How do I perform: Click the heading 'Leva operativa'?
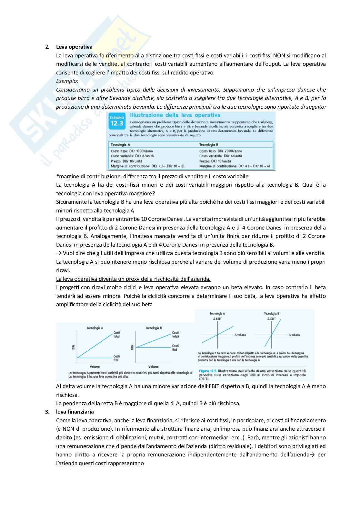click(74, 47)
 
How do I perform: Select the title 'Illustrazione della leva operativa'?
click(175, 115)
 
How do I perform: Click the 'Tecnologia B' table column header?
click(209, 145)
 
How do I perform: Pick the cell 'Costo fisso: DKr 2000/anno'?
click(221, 151)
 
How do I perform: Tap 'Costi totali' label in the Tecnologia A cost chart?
click(116, 335)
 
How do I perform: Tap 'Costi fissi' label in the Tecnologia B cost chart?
click(175, 347)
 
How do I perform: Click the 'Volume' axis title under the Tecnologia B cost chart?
click(153, 367)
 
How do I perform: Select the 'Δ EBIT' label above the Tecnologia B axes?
click(271, 318)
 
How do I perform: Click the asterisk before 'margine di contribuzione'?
click(57, 176)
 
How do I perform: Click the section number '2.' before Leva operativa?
click(47, 47)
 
